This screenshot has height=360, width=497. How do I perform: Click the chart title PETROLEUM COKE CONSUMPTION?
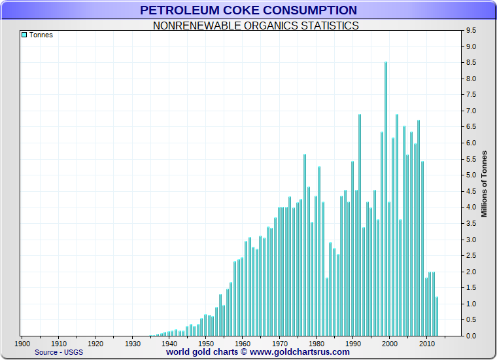[x=248, y=10]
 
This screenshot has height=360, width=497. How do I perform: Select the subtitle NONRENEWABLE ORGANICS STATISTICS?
[x=256, y=26]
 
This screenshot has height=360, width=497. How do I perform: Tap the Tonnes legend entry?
[x=41, y=35]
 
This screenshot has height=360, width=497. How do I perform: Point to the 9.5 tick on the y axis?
[x=470, y=31]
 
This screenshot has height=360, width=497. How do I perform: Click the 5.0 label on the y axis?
[x=470, y=175]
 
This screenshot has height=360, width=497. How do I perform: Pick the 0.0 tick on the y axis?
[x=470, y=336]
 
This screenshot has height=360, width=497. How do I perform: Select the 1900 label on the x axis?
[x=22, y=343]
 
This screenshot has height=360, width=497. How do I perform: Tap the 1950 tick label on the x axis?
[x=206, y=343]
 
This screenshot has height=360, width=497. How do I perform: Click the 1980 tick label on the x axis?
[x=317, y=343]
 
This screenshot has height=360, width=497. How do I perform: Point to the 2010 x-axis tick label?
[x=427, y=343]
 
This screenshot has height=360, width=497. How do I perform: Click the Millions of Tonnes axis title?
[x=485, y=183]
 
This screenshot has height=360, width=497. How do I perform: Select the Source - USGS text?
[x=59, y=352]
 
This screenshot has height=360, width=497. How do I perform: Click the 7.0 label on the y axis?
[x=470, y=111]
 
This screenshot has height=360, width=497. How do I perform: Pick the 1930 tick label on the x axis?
[x=133, y=343]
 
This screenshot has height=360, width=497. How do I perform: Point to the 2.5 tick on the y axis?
[x=470, y=256]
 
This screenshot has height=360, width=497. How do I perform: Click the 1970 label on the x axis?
[x=280, y=343]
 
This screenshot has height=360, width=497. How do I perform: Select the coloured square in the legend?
[x=24, y=35]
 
